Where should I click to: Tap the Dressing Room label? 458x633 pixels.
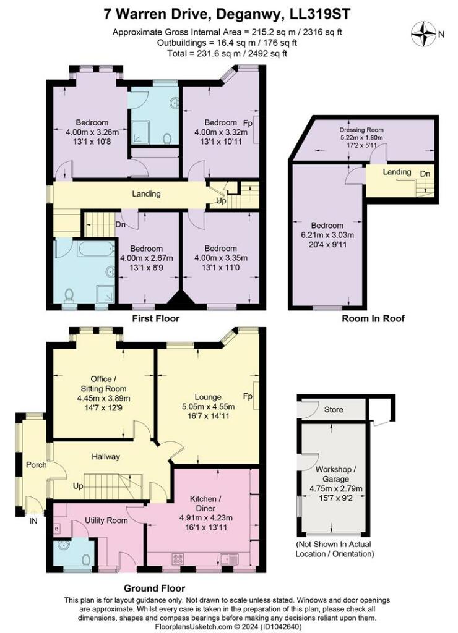click(361, 130)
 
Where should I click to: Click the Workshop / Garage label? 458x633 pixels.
click(332, 474)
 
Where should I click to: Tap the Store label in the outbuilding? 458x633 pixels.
click(334, 410)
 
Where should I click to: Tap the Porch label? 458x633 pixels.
click(36, 464)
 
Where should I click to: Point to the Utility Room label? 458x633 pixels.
click(106, 520)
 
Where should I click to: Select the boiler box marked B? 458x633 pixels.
click(58, 529)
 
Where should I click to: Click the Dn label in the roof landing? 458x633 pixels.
click(425, 174)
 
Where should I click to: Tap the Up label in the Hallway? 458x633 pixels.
click(79, 486)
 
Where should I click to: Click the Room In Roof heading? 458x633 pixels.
click(365, 319)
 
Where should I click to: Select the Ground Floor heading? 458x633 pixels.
click(154, 588)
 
